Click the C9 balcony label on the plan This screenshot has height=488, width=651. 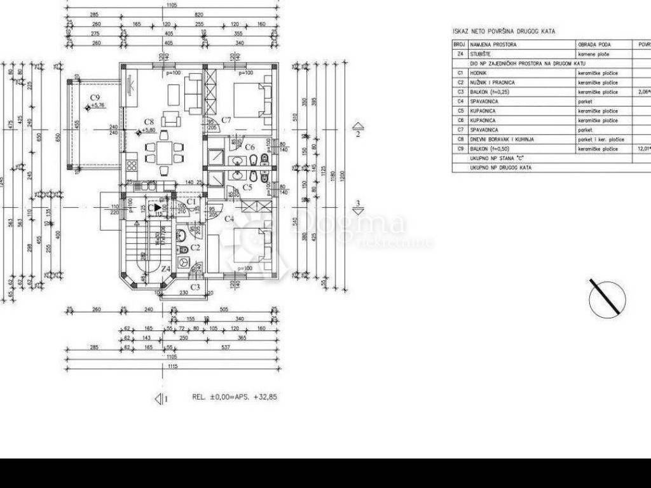coord(95,98)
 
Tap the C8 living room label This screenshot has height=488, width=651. coord(149,121)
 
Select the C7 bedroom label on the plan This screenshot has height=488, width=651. coord(225,119)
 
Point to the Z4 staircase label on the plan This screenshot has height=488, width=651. coord(165,269)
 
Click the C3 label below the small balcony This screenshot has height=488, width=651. coord(195,287)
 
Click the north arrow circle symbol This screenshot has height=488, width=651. coord(607,299)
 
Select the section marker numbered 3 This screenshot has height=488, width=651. coord(358,208)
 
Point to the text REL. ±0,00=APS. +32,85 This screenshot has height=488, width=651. coord(235,396)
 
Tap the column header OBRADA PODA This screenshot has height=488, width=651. coord(594,45)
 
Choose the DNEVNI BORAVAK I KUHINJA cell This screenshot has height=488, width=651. coord(502,139)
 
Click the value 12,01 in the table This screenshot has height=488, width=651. coord(644,149)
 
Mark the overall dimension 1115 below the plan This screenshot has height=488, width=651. coord(171,367)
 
